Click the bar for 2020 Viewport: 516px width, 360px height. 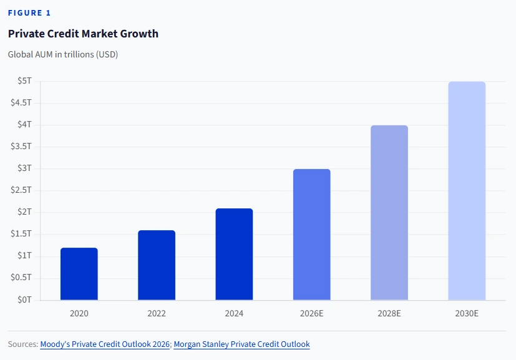pos(79,274)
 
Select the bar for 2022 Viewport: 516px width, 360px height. pos(157,265)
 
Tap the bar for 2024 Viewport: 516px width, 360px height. pos(234,255)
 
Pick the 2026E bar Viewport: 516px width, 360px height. pos(311,235)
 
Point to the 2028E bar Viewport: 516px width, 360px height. pos(389,213)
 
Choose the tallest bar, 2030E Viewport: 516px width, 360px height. pos(467,191)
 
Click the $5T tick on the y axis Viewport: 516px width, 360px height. pos(24,81)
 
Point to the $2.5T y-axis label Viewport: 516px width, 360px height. pos(21,190)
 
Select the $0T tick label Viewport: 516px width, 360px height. pos(24,299)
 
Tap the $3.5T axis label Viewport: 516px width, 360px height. pos(21,147)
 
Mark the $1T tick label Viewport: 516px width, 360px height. pos(24,256)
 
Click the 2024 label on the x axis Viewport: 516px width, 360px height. pos(234,313)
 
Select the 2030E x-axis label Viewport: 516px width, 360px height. pos(467,313)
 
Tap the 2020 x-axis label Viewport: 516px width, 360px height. pos(79,313)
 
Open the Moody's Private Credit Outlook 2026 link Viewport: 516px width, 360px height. pos(105,344)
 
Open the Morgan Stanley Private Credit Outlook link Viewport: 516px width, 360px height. pos(241,344)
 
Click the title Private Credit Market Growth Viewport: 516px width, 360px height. pos(83,34)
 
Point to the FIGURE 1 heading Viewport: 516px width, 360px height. pos(29,13)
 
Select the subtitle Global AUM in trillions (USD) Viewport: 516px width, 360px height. pos(63,54)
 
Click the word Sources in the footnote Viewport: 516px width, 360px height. pos(22,344)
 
